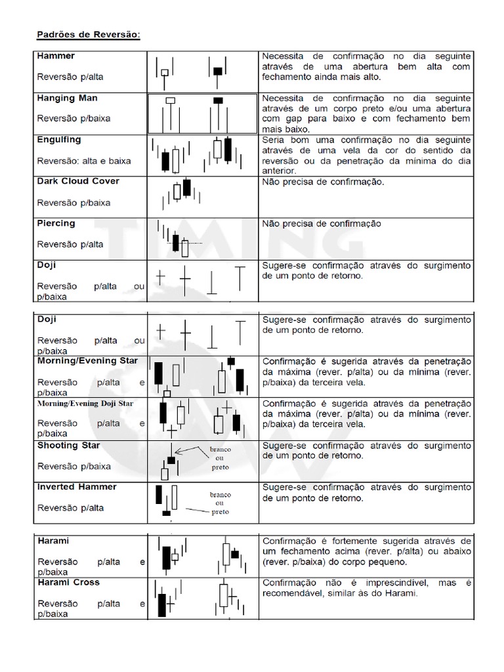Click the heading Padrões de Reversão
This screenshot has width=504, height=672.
(x=87, y=34)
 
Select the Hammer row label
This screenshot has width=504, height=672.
(x=56, y=56)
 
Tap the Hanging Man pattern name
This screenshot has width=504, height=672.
(x=68, y=98)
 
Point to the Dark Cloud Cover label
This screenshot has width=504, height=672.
(x=78, y=181)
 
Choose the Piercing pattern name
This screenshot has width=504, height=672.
(x=56, y=223)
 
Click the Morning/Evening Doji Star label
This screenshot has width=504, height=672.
(x=85, y=404)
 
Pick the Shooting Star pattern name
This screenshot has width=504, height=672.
(x=68, y=446)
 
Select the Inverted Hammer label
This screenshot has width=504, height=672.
(x=77, y=487)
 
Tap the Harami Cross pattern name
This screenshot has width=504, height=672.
(x=68, y=583)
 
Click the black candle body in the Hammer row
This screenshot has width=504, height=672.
(x=218, y=71)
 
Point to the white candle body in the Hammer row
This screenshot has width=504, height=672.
(x=165, y=72)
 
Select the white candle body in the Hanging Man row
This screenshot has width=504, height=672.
(x=171, y=100)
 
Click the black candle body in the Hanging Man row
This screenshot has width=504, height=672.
(x=218, y=100)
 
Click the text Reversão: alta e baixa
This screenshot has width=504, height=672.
(x=83, y=161)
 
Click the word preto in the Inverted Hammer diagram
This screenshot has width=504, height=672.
(x=220, y=512)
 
